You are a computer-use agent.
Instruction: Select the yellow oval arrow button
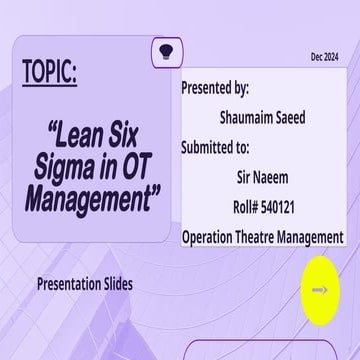[x=318, y=290]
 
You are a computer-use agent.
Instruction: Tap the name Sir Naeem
[x=263, y=178]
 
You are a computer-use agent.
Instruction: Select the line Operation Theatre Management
[x=262, y=238]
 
